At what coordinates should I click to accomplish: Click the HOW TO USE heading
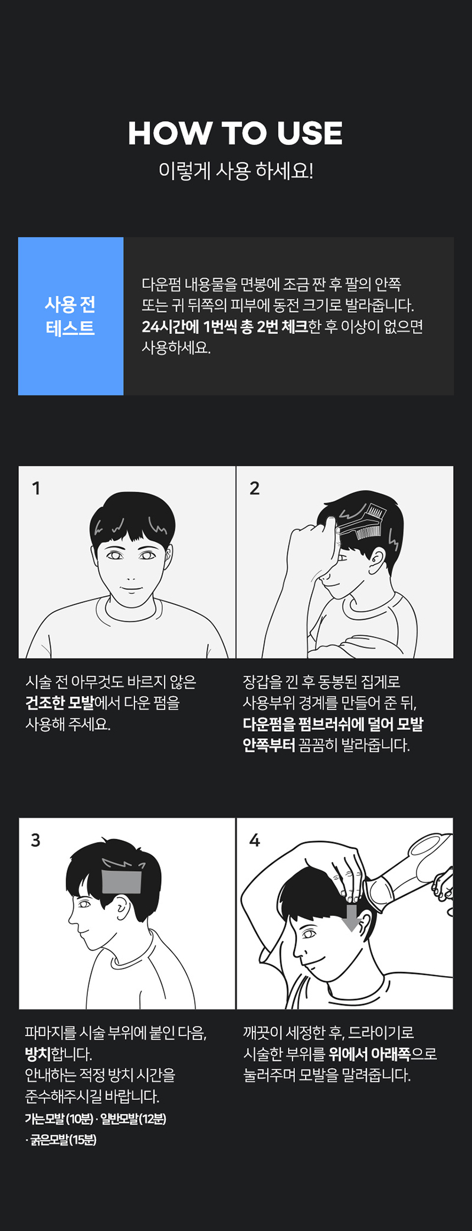pos(235,133)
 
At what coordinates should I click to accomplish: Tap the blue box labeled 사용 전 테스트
pos(71,316)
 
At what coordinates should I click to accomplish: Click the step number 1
pos(36,488)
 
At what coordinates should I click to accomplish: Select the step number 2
pos(254,488)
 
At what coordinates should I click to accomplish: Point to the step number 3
pos(36,840)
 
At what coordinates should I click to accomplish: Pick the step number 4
pos(254,840)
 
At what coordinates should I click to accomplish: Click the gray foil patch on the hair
pos(122,882)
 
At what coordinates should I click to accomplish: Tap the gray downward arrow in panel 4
pos(352,918)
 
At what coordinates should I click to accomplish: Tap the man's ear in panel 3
pos(122,909)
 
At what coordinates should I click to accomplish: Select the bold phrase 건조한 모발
pos(60,703)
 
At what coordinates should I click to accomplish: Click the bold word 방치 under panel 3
pos(38,1054)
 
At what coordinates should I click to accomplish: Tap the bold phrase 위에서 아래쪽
pos(369,1054)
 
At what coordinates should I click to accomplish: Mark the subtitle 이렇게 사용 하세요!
pos(236,171)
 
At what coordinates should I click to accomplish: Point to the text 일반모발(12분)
pos(133,1119)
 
